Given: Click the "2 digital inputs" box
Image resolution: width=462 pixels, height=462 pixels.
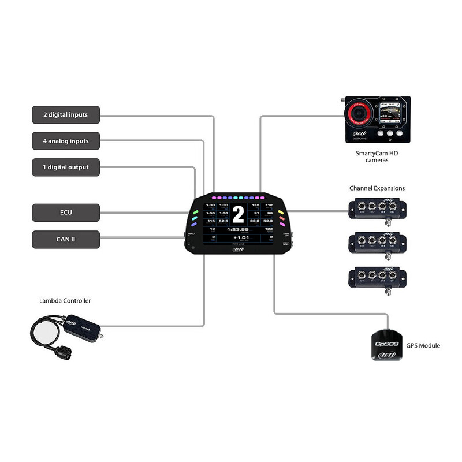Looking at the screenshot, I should (65, 114).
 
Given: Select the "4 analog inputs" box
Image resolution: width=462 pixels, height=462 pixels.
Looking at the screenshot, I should (65, 141).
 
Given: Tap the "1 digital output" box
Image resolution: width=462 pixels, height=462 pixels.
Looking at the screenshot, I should (65, 167).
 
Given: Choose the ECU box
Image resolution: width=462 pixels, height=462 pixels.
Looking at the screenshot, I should (65, 212).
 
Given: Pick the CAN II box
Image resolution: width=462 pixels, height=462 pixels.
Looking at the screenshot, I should (65, 239).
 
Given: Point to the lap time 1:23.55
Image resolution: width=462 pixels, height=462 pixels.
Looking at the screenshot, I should (237, 229).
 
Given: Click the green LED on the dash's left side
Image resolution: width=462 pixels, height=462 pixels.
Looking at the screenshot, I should (195, 212).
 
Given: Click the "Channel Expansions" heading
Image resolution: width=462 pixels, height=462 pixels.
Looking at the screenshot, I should (377, 188).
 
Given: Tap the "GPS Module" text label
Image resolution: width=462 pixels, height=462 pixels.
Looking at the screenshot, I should (423, 345).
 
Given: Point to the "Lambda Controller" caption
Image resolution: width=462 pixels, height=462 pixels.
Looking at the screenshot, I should (65, 301).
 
